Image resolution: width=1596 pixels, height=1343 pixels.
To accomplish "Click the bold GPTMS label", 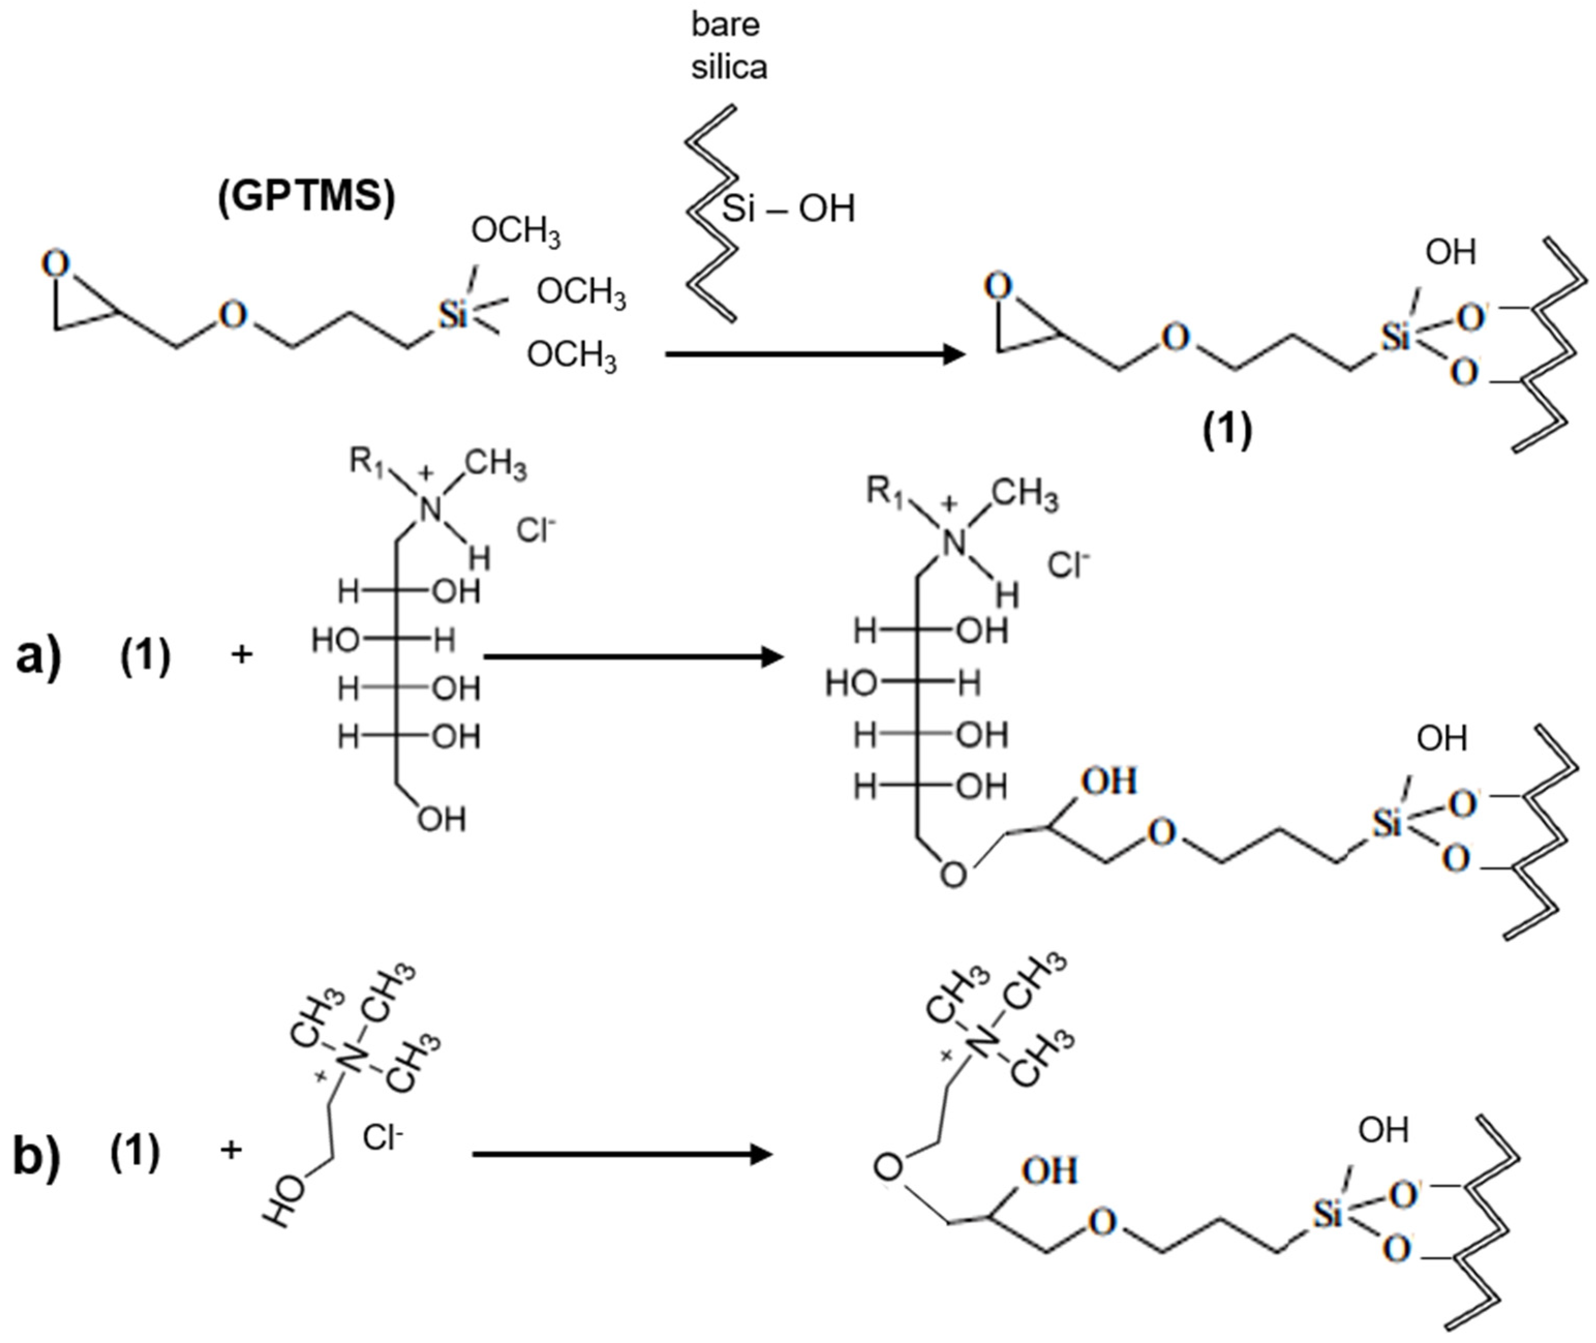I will (x=306, y=196).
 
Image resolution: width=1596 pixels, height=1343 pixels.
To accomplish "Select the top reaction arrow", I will (x=815, y=354).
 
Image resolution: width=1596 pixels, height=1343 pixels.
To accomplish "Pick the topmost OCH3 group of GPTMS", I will (x=515, y=231).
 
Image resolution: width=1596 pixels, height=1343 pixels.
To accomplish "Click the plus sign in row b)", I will (x=231, y=1150).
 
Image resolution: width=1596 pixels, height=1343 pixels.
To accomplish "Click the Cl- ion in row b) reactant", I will (x=383, y=1137).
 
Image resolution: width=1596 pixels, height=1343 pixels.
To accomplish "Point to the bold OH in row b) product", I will (x=1050, y=1170).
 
